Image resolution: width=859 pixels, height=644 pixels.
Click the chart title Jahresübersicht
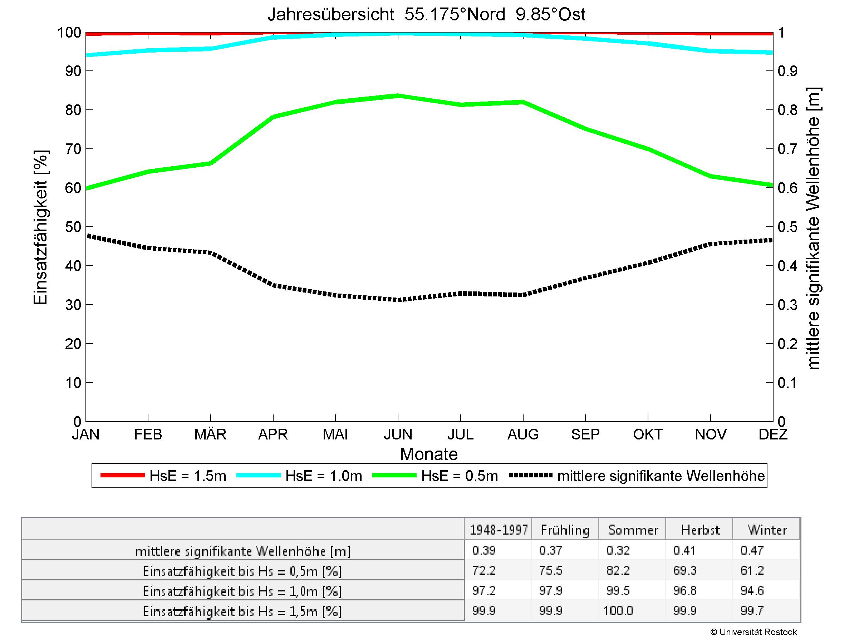426,15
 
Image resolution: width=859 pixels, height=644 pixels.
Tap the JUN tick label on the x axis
398,434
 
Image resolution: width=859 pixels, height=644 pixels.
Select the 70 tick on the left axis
73,149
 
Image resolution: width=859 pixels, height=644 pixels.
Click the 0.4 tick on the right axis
787,266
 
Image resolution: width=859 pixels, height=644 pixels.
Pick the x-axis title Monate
429,454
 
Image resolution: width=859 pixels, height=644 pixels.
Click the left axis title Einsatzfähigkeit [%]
40,227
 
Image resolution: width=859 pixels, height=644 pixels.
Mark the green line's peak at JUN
398,95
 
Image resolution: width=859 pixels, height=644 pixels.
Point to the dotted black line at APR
273,286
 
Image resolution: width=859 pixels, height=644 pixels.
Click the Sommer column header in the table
633,530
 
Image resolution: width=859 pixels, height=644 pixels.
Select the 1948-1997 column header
499,530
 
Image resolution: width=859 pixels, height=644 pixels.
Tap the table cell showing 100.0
618,611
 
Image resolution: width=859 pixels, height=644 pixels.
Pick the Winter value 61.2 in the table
752,571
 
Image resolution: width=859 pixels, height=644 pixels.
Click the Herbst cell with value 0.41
684,550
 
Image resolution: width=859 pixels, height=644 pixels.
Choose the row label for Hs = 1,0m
242,591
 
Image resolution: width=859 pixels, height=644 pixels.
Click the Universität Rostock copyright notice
754,632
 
